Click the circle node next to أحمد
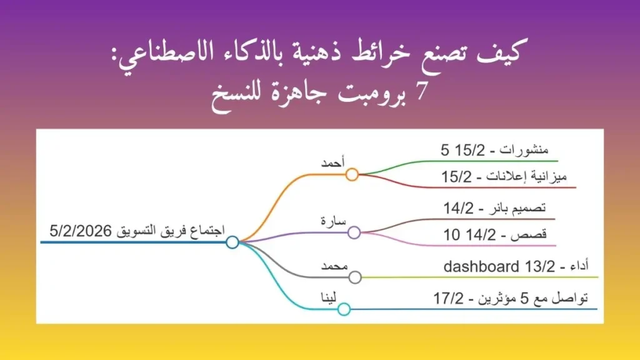click(352, 174)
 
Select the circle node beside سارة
click(354, 233)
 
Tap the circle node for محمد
click(355, 277)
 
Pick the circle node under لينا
click(344, 308)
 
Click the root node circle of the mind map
click(232, 242)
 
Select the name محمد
click(334, 266)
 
